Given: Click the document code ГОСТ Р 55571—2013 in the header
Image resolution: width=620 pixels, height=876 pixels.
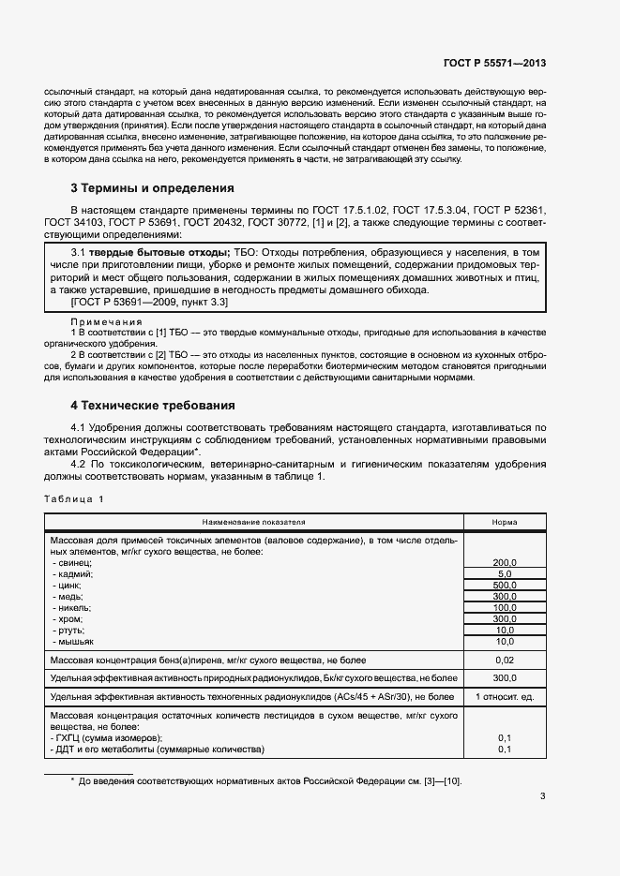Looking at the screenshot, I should pos(494,63).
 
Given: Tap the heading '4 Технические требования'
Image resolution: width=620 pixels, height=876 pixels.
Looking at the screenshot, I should pos(153,406).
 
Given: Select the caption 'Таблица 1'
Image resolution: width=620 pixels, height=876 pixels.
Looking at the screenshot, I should pos(74,498).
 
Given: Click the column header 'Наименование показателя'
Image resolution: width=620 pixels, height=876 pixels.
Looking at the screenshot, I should pos(254,522).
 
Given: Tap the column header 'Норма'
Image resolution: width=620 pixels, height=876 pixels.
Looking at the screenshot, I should pos(505,522).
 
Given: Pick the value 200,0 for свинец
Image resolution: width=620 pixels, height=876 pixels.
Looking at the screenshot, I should pos(505,562).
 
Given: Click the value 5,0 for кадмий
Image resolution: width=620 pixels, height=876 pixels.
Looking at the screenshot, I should pos(505,573).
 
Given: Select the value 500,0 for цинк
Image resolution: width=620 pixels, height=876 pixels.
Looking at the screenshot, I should pos(505,585).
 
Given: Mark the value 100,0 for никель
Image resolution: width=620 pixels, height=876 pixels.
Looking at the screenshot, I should pos(505,607).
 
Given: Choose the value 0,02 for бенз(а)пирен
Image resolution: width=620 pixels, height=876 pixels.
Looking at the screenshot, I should pos(505,661).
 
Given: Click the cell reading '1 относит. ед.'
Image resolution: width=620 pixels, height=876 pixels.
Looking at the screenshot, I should pos(505,696).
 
